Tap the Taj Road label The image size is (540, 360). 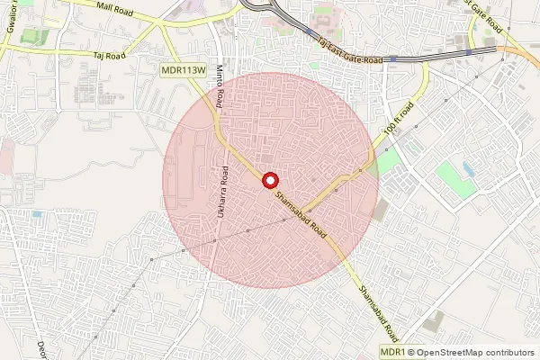(x=110, y=55)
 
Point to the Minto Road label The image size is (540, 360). (x=220, y=89)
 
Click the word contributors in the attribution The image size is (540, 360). (x=511, y=352)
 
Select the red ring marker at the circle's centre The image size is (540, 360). (x=268, y=180)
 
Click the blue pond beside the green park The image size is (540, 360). (x=468, y=168)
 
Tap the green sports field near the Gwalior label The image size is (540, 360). (x=36, y=38)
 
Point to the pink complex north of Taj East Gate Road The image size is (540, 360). (x=321, y=18)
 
